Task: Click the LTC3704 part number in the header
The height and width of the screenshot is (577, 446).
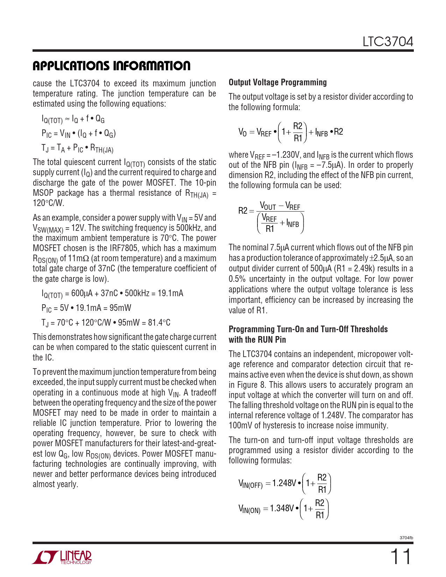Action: (x=388, y=42)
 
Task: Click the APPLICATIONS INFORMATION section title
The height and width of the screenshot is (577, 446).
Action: (x=112, y=66)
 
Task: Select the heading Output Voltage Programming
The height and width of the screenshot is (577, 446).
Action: (x=278, y=83)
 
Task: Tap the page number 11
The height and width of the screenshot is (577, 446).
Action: (x=401, y=557)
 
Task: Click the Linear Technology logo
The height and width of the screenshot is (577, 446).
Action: (x=62, y=557)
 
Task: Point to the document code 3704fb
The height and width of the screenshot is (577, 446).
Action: (x=406, y=538)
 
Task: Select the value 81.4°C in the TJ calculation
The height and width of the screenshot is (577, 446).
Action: (x=159, y=322)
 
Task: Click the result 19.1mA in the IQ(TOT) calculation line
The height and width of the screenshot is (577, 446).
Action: (x=170, y=293)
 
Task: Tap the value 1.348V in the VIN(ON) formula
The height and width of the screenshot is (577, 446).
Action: (x=282, y=508)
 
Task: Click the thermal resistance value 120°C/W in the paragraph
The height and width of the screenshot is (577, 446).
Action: (x=48, y=203)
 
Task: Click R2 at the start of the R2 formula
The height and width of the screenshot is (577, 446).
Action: (x=243, y=211)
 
